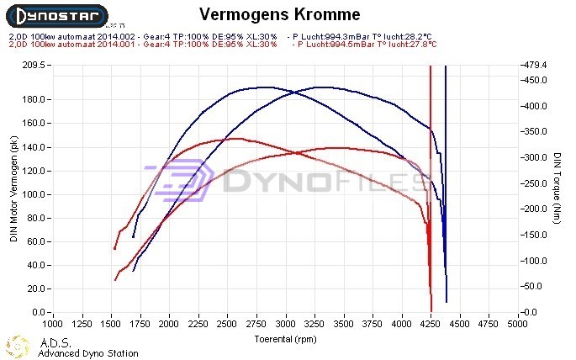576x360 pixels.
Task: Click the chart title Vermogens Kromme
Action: coord(280,14)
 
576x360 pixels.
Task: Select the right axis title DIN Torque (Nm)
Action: coord(558,188)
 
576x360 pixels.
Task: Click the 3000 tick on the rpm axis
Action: coord(287,323)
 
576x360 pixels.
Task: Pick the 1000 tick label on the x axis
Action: coord(53,323)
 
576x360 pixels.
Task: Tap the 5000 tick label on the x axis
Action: coord(521,323)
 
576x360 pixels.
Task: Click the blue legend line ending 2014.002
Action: coord(143,37)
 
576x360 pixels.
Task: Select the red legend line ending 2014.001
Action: coord(143,44)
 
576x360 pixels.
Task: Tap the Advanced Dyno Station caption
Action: coord(87,353)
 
